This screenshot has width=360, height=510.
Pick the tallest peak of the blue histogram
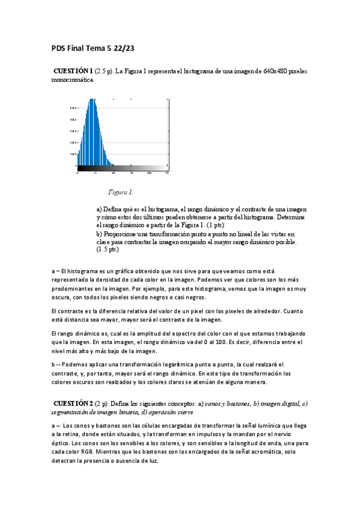[92, 100]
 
